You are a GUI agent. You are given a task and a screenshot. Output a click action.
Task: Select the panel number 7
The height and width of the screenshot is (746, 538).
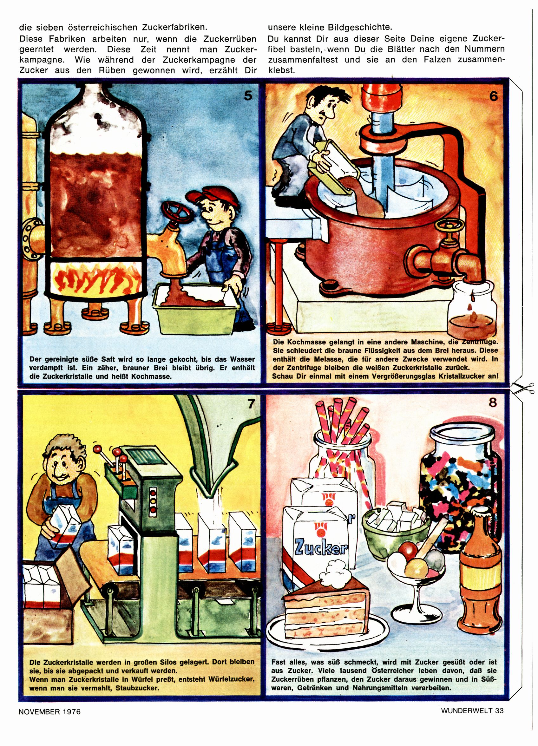251,403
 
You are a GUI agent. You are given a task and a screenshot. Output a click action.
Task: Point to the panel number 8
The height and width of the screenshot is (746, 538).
492,402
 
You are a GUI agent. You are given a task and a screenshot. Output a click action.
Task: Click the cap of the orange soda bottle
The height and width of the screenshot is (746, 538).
481,517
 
